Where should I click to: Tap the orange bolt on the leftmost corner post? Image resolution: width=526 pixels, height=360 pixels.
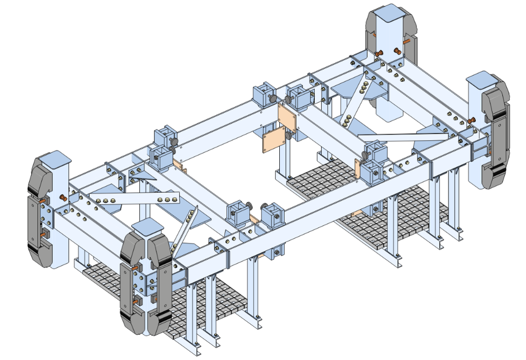click(x=63, y=198)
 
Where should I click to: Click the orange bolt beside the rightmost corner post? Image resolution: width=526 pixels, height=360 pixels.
click(x=471, y=120)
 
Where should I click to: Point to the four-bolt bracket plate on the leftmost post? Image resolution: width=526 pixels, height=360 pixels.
click(x=47, y=215)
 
